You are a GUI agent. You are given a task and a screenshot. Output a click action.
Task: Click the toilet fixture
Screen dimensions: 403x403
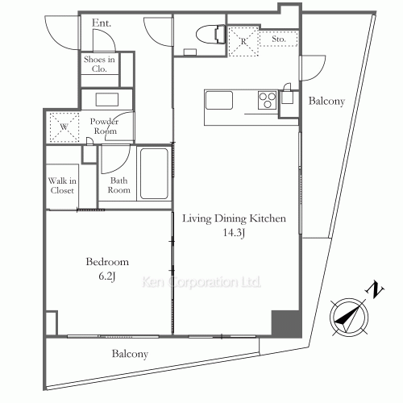[210, 35]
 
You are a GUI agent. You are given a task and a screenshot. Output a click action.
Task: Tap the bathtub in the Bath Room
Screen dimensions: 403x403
[154, 173]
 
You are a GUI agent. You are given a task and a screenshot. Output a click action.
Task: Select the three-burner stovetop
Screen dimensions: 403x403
[267, 100]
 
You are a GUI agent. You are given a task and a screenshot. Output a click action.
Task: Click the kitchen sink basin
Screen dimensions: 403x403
[219, 100]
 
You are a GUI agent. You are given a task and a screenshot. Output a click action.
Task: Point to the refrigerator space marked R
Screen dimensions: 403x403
[243, 41]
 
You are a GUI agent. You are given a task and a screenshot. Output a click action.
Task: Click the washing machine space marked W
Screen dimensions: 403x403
[64, 127]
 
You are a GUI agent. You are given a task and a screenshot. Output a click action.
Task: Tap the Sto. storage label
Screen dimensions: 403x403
[278, 39]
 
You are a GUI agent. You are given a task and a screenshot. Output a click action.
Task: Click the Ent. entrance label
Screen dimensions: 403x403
[102, 23]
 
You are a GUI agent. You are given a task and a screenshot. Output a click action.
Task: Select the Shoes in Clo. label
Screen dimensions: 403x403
[99, 64]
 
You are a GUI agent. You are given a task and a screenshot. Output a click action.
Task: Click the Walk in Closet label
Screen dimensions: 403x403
[62, 185]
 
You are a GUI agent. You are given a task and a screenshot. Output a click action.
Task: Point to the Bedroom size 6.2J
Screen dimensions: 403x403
[107, 276]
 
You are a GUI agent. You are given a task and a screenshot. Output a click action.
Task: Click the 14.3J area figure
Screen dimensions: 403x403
[234, 233]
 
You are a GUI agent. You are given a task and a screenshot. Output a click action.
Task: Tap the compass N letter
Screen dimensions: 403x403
[375, 289]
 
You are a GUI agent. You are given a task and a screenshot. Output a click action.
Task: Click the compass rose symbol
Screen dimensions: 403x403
[349, 318]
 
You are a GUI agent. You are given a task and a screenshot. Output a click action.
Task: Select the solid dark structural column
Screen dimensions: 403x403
[285, 322]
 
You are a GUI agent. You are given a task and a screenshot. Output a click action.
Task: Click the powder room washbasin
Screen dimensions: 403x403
[107, 100]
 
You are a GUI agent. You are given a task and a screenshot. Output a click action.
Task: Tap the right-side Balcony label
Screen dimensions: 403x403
[326, 102]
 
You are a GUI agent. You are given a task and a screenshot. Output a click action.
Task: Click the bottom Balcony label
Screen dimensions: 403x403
[130, 354]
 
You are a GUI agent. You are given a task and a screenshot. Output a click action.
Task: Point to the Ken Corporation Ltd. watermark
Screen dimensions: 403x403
[201, 282]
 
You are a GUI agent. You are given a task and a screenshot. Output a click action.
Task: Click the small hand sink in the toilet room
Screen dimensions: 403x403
[190, 52]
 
